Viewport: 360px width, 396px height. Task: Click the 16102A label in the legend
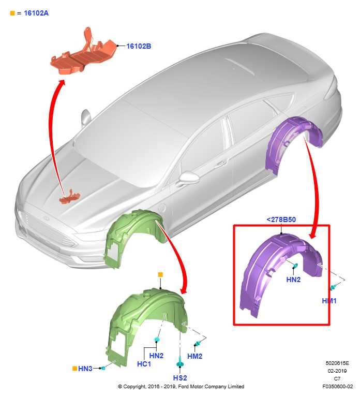[x=36, y=12]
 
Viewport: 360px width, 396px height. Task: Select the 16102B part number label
[x=139, y=46]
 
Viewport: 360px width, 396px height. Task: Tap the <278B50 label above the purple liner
[x=281, y=219]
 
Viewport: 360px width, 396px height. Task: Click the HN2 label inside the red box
[x=293, y=280]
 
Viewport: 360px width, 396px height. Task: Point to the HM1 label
[x=329, y=301]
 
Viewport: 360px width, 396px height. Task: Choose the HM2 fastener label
[x=194, y=356]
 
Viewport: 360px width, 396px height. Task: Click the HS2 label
[x=180, y=379]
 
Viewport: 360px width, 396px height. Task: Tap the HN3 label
[x=85, y=369]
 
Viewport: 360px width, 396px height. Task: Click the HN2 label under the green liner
[x=156, y=356]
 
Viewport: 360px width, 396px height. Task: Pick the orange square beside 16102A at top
[x=12, y=12]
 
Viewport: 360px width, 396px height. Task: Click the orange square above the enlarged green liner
[x=160, y=274]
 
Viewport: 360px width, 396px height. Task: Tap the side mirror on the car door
[x=189, y=179]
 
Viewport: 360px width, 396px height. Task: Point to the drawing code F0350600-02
[x=337, y=386]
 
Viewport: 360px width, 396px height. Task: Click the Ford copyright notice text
[x=181, y=386]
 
